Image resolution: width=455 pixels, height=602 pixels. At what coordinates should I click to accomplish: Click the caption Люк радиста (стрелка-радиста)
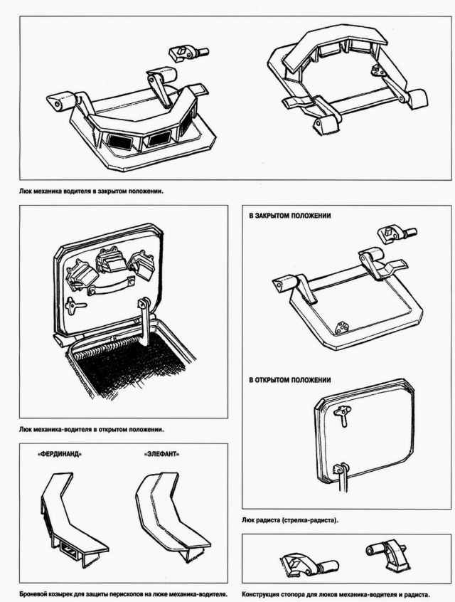click(290, 521)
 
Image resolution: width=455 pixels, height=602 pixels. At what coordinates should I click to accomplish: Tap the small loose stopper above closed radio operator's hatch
click(392, 234)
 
